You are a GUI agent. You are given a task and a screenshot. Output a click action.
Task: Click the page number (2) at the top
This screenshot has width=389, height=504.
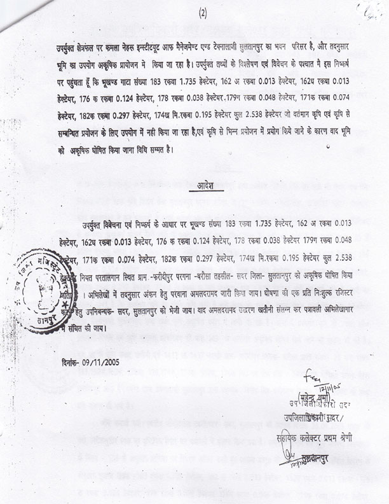click(203, 13)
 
